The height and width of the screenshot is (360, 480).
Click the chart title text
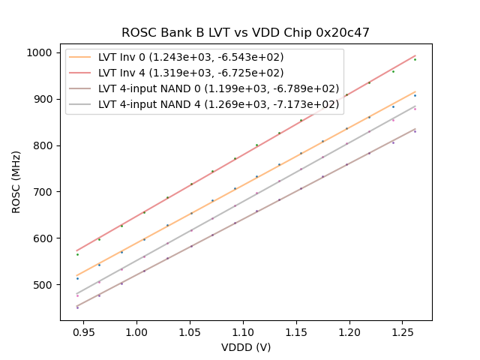(245, 33)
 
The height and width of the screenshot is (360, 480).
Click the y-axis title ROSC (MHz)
(16, 180)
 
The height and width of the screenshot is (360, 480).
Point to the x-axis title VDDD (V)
(245, 347)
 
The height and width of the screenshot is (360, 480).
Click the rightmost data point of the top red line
(415, 59)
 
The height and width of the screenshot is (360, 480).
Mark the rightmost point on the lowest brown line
(415, 131)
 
